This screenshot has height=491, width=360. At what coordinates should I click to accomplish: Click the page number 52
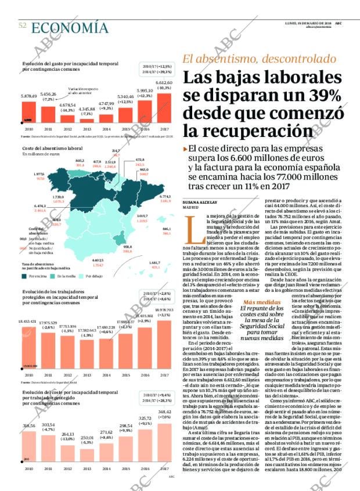point(22,26)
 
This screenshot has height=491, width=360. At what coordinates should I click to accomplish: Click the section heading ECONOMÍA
point(70,28)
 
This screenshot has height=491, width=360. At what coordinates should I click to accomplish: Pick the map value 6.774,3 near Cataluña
point(164,198)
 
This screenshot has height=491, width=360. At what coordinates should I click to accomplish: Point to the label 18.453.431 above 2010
point(29,321)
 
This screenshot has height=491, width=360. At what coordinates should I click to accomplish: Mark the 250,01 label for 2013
point(87,438)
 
